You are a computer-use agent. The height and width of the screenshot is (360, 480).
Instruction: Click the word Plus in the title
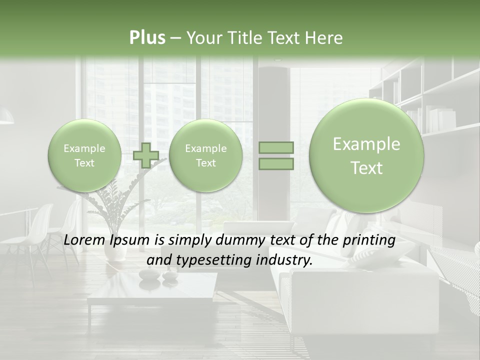click(147, 38)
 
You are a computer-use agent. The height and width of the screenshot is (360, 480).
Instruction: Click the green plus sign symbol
click(146, 155)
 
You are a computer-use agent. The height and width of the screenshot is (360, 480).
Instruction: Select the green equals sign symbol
click(276, 155)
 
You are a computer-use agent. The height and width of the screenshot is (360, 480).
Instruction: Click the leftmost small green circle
click(84, 155)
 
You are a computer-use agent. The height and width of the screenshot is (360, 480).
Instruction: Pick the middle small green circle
click(205, 155)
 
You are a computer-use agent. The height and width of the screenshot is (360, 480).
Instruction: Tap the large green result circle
click(366, 156)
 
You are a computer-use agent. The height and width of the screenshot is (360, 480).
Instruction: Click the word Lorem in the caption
click(85, 240)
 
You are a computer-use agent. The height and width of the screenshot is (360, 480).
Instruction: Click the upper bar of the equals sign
click(276, 147)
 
